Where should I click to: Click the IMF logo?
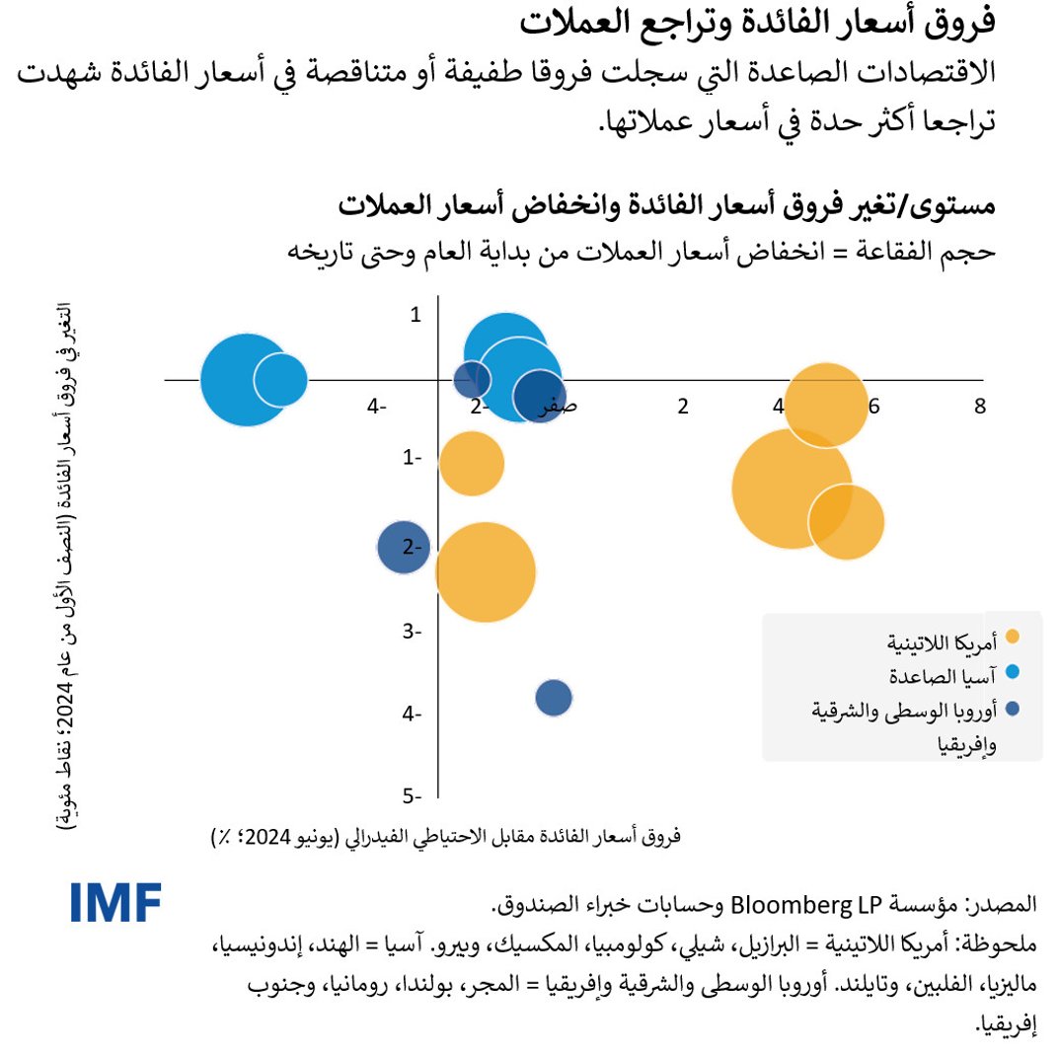(x=115, y=902)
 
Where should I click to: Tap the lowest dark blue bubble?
(x=555, y=699)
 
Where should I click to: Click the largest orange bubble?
(x=792, y=488)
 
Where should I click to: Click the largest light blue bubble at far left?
(x=247, y=379)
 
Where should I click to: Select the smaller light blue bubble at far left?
(x=281, y=379)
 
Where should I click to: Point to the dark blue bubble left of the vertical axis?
(x=404, y=547)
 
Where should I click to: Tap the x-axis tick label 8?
(x=979, y=407)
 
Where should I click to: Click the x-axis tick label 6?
(x=873, y=407)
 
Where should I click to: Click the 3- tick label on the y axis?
(x=413, y=632)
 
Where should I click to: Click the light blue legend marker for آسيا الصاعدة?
(x=1013, y=674)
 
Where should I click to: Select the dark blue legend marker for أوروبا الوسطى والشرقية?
(x=1013, y=709)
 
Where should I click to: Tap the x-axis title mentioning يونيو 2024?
(x=446, y=836)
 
